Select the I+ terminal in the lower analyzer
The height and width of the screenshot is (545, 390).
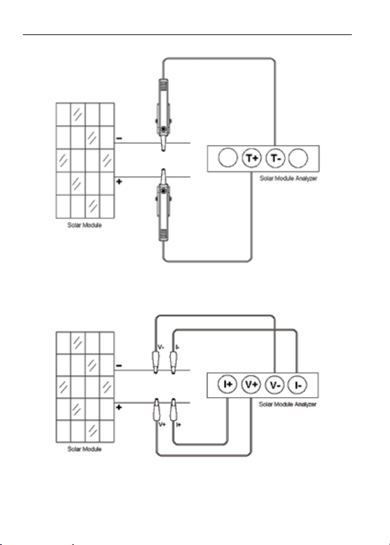coord(226,384)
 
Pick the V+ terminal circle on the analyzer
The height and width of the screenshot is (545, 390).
coord(251,384)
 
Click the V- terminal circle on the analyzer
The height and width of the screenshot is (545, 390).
coord(274,384)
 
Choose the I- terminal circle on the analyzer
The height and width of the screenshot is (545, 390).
coord(298,384)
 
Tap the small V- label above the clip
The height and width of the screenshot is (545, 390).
coord(160,347)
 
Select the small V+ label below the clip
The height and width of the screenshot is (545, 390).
coord(161,424)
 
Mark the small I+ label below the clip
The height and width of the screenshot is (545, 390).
coord(179,424)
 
